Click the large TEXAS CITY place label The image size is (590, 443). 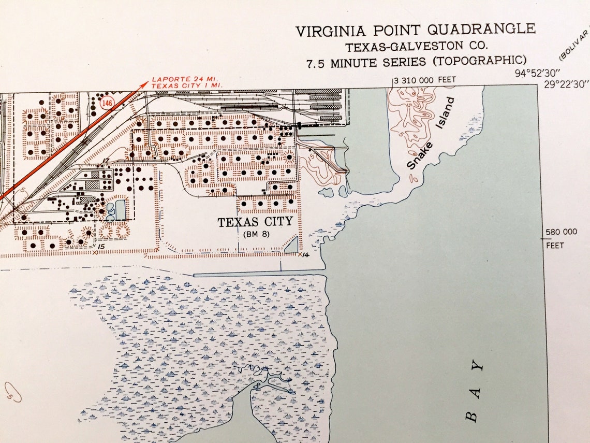tap(255, 222)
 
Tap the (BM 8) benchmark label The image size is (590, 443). tap(255, 234)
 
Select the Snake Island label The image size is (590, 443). tap(431, 134)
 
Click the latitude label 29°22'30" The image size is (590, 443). tap(566, 83)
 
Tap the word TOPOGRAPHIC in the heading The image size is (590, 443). tap(480, 62)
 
